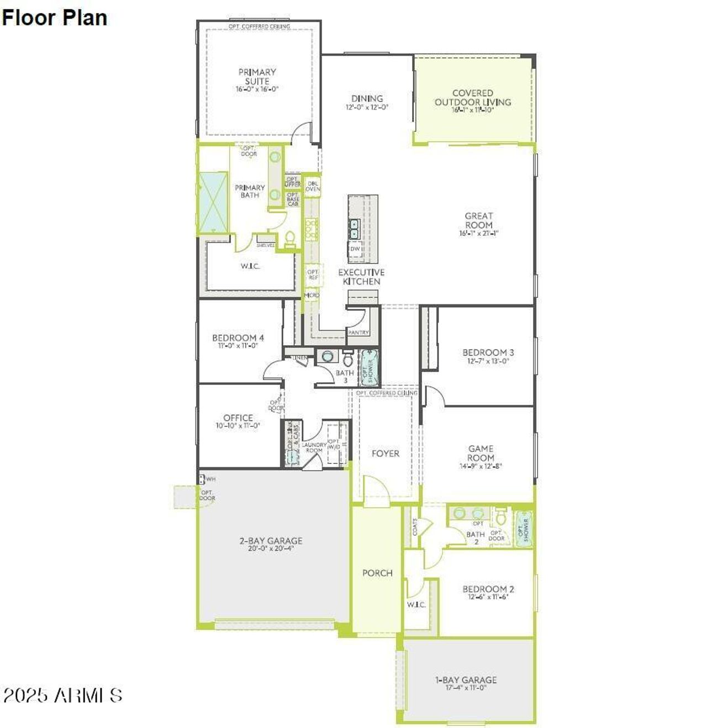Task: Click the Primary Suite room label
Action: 257,76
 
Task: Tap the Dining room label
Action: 367,99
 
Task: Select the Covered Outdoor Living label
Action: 473,98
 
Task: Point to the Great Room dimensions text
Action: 478,234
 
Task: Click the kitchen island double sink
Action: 354,229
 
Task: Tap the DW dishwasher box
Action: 355,249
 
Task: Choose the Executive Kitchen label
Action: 361,277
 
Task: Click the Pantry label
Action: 358,333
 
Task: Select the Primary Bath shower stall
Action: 213,202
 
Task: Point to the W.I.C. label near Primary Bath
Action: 250,266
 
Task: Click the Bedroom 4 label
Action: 238,337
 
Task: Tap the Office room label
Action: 238,418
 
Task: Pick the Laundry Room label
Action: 314,447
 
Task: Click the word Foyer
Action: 385,453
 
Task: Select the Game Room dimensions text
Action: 481,466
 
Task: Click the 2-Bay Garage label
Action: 271,541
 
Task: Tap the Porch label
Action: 377,573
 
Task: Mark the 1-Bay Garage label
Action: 466,680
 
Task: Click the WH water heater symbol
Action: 202,479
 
